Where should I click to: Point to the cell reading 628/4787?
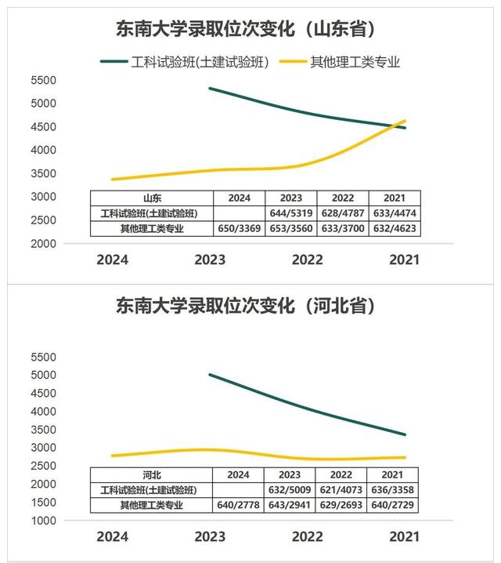(342, 213)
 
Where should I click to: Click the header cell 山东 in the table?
(153, 198)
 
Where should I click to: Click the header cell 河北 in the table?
(153, 474)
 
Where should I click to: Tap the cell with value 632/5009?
(290, 490)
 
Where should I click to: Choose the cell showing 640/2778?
(239, 505)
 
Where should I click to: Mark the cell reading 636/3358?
(394, 490)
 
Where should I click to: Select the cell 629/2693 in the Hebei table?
(342, 505)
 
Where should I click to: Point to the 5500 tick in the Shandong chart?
(43, 80)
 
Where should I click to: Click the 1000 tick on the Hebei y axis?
(43, 521)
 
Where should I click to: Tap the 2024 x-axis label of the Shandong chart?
(112, 260)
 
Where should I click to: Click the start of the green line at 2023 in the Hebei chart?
(210, 375)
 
